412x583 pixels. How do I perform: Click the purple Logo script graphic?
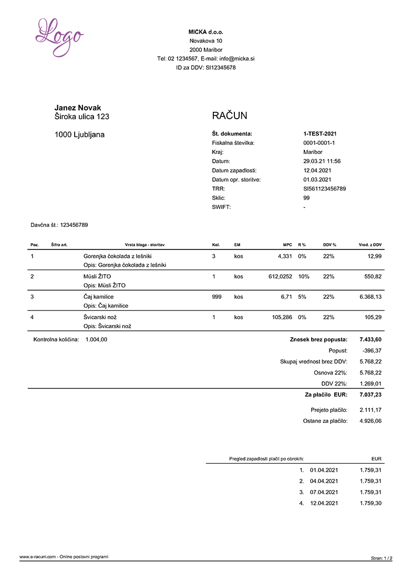(x=58, y=37)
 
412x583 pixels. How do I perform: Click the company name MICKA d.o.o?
(x=206, y=32)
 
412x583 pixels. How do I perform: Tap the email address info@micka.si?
(x=237, y=59)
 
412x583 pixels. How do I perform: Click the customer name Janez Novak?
(x=78, y=108)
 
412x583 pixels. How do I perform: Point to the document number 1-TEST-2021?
(x=320, y=133)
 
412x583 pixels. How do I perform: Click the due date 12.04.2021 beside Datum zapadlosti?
(x=317, y=170)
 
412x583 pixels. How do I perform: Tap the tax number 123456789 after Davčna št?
(x=74, y=225)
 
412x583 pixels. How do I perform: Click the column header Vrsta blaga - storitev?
(x=145, y=245)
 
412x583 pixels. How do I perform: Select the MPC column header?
(x=287, y=245)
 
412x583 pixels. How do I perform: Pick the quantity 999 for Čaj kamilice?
(x=217, y=297)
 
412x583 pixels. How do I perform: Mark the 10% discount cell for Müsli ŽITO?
(x=304, y=276)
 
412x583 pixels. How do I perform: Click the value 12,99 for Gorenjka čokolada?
(x=373, y=256)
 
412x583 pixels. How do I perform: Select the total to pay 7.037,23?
(x=370, y=394)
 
